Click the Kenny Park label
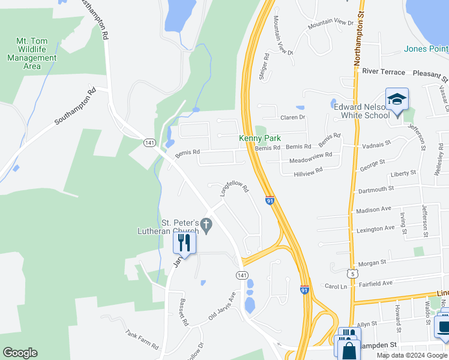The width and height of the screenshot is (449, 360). click(260, 138)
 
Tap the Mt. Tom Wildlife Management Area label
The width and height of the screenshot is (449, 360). click(32, 53)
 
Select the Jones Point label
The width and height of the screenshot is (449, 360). click(426, 49)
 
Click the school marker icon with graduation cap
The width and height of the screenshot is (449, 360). click(397, 99)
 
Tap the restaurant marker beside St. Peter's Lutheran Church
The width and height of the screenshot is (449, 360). click(184, 242)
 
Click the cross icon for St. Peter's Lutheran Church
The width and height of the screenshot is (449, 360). click(206, 226)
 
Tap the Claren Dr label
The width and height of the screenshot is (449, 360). click(293, 117)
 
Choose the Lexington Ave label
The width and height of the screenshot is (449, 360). click(375, 229)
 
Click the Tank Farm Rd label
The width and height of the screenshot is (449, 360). click(142, 341)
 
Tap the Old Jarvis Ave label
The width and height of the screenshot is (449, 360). click(221, 307)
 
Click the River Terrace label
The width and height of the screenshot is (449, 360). click(384, 72)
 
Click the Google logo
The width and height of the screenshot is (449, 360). click(20, 353)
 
